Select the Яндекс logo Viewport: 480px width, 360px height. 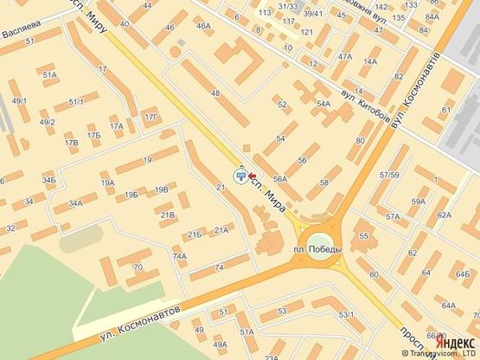tap(456, 340)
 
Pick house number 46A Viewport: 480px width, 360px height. tap(204, 27)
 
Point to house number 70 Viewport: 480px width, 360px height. tap(138, 267)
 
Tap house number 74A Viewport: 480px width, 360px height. tap(180, 256)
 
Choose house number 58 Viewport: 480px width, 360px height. tap(324, 183)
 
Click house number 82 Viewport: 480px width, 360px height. tap(398, 77)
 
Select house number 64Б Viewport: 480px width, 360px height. tap(463, 275)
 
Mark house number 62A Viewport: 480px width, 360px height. tap(445, 215)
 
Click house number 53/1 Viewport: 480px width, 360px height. tap(347, 313)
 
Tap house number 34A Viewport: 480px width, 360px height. tap(76, 204)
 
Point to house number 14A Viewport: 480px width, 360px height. tap(371, 61)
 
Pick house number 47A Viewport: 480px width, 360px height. tap(345, 56)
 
